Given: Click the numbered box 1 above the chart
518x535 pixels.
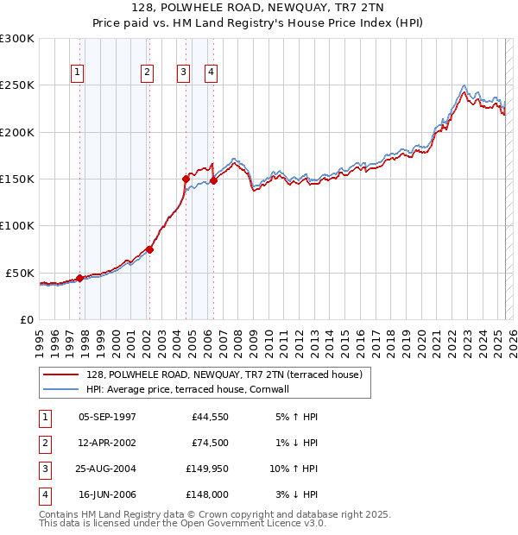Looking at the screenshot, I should point(78,73).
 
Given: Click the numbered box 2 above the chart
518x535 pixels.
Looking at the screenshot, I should point(148,73).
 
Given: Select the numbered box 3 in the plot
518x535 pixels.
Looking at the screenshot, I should point(184,73).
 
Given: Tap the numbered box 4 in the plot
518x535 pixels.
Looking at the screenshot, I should point(211,73).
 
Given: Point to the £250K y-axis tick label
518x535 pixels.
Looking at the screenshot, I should point(17,85).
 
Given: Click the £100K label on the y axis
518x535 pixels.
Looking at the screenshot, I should point(17,225).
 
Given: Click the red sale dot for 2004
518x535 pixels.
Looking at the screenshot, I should point(186,179).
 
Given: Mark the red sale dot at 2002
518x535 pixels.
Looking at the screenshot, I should point(149,249).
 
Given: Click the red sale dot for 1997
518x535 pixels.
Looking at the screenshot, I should point(79,278).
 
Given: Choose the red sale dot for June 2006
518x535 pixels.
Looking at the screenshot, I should point(213,181).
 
